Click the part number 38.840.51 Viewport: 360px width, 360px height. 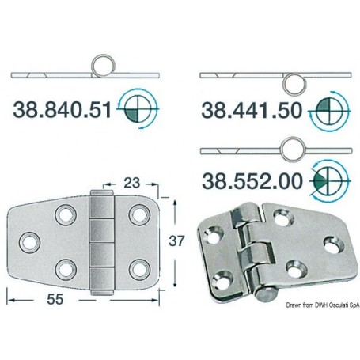[63, 110]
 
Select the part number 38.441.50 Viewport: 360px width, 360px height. [252, 110]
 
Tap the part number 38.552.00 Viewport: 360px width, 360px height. [252, 181]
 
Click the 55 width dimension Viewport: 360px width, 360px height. [55, 299]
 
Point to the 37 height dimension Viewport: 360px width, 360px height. [176, 241]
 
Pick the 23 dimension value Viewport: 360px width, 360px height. [131, 183]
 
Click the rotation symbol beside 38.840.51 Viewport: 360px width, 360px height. [138, 108]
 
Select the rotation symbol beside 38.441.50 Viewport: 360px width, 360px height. [329, 111]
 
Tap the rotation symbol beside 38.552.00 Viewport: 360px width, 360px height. [330, 181]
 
